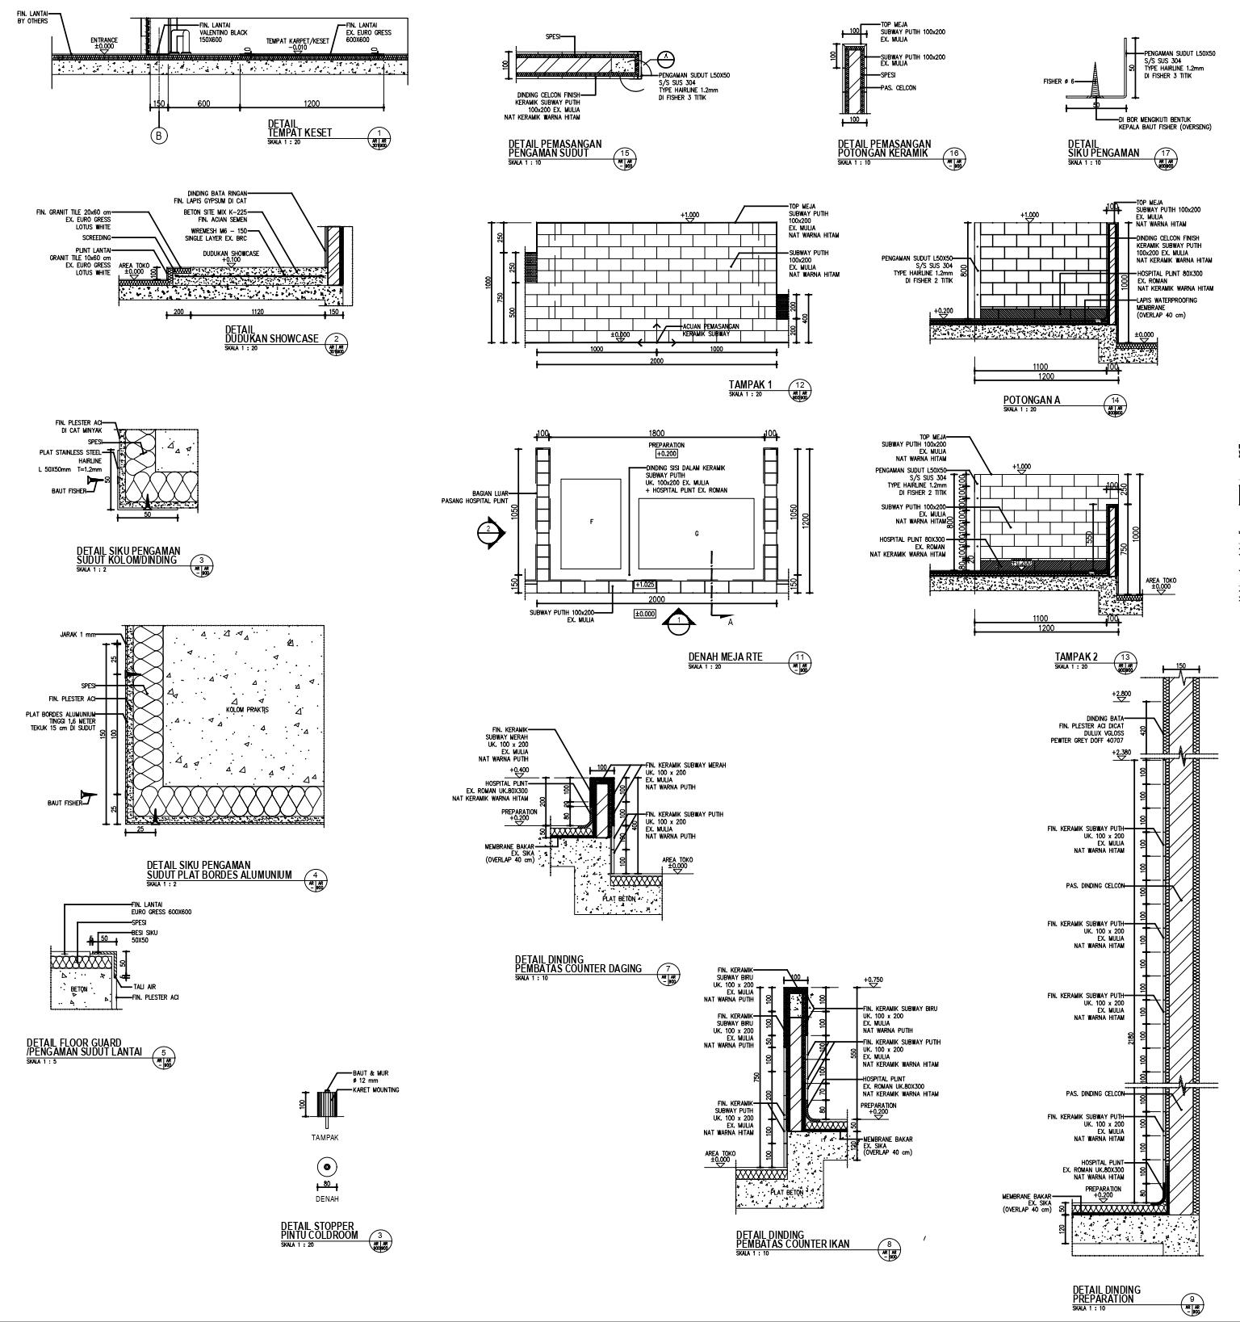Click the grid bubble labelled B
(159, 136)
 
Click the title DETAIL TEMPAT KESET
(300, 128)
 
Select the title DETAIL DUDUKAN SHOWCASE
(271, 334)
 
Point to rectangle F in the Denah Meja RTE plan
(591, 523)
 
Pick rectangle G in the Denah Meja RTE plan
(696, 533)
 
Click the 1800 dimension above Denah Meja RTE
(656, 434)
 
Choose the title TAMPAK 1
(750, 385)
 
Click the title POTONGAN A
(1031, 400)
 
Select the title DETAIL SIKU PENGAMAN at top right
(1103, 149)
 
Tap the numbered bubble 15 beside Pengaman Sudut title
(624, 156)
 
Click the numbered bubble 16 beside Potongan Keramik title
(954, 156)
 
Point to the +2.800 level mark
(1121, 694)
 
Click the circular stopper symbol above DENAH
(326, 1167)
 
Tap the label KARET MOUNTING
(375, 1089)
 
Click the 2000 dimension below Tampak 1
(656, 361)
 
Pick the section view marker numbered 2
(488, 531)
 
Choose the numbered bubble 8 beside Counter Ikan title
(889, 1245)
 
